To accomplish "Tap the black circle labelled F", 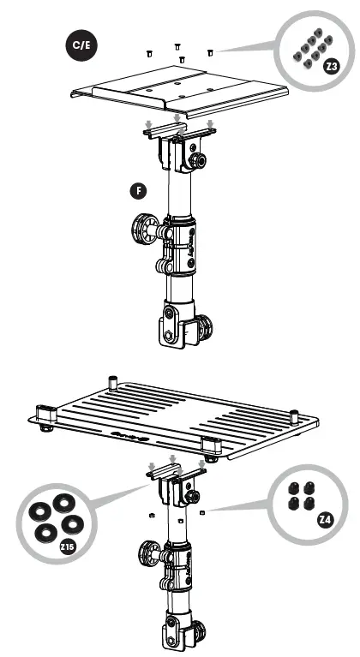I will click(x=133, y=190).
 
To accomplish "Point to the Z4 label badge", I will click(x=325, y=519).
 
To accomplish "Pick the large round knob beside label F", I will click(x=142, y=231).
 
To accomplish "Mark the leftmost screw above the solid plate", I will click(x=149, y=52).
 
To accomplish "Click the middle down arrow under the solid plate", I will click(x=177, y=118).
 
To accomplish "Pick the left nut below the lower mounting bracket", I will click(x=151, y=516).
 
